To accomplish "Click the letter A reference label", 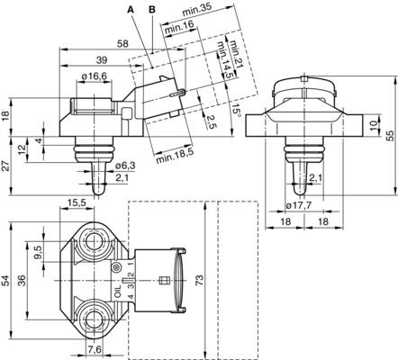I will coord(131,9).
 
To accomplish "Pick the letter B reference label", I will coord(151,9).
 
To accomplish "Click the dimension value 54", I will coord(7,282).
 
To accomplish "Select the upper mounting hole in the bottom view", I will coord(95,241).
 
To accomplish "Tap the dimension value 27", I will coord(7,163).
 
